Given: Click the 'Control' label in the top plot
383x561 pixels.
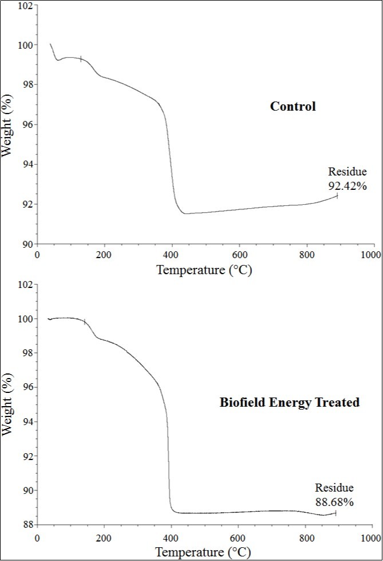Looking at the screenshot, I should pyautogui.click(x=293, y=106).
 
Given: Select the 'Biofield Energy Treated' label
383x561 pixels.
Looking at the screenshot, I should pyautogui.click(x=289, y=402).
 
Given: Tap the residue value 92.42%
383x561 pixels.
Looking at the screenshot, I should pyautogui.click(x=347, y=186).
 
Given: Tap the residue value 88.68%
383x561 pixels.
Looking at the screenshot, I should pyautogui.click(x=334, y=502).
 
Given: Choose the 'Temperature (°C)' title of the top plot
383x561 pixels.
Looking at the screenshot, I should pyautogui.click(x=204, y=270).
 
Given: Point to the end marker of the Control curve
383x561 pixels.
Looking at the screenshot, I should pyautogui.click(x=337, y=196).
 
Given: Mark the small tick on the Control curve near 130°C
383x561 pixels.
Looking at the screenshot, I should pyautogui.click(x=81, y=59).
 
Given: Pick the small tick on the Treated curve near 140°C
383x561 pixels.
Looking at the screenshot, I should pyautogui.click(x=85, y=322).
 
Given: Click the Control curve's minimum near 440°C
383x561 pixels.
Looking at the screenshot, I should pyautogui.click(x=185, y=213).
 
